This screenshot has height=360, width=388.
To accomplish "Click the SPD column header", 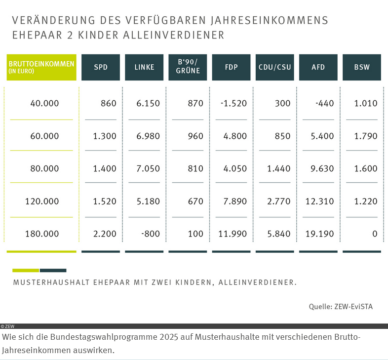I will click(101, 67).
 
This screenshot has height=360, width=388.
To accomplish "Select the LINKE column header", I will click(144, 67).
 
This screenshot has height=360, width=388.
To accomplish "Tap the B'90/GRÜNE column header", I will click(188, 67).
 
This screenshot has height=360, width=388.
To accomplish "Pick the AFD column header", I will click(318, 67).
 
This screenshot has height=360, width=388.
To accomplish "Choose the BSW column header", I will click(362, 67).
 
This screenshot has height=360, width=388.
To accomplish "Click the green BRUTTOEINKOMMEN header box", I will click(41, 67).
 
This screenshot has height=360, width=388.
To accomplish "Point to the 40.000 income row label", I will click(44, 104).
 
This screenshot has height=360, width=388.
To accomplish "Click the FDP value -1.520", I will click(234, 104).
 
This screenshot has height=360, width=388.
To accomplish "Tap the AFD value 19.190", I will click(319, 234).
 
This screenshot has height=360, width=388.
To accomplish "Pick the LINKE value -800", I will click(151, 234).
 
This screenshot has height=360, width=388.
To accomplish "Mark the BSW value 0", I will click(375, 234).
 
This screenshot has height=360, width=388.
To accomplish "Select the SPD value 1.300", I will click(105, 136).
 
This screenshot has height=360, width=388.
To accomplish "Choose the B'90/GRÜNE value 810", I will click(196, 169).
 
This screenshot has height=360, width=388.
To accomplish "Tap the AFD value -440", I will click(324, 104).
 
